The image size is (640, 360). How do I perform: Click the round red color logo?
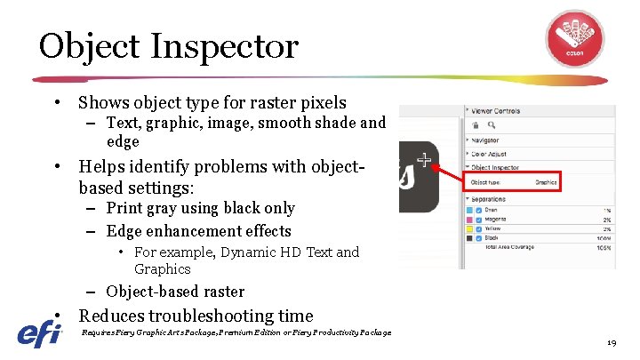click(573, 37)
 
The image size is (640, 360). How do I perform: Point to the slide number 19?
click(611, 342)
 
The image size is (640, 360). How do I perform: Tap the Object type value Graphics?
click(546, 182)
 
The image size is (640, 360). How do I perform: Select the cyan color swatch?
click(469, 211)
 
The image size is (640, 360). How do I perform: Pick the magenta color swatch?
click(469, 220)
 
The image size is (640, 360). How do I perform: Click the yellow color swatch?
click(469, 229)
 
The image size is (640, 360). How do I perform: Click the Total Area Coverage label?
click(509, 248)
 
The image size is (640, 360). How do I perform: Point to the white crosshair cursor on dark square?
click(425, 161)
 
